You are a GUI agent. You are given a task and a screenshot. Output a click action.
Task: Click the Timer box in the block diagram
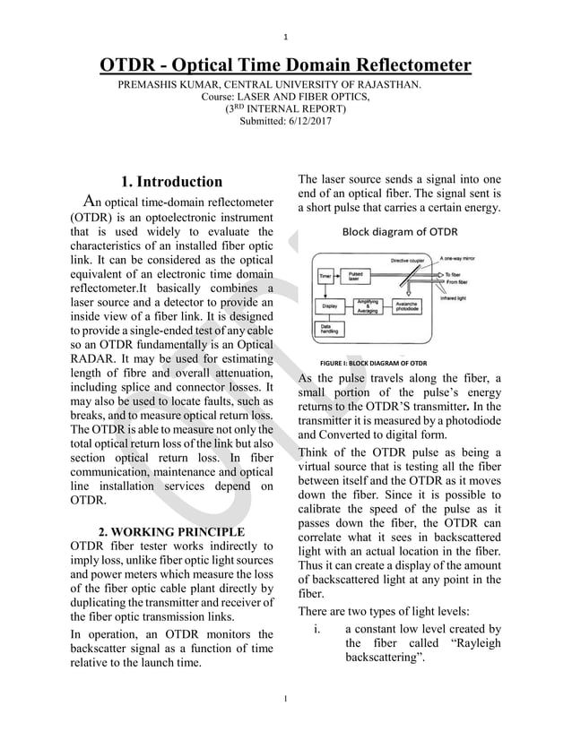tap(325, 276)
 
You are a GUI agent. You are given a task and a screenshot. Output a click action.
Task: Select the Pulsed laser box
tap(357, 276)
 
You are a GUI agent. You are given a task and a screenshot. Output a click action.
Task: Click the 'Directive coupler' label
tap(408, 260)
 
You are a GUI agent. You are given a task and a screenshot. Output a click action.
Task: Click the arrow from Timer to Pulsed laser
tap(339, 276)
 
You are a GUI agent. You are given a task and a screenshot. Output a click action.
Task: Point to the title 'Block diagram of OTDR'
tap(399, 231)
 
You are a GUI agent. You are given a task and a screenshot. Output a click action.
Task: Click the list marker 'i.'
tap(318, 630)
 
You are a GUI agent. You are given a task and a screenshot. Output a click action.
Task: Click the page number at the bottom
tap(285, 698)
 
